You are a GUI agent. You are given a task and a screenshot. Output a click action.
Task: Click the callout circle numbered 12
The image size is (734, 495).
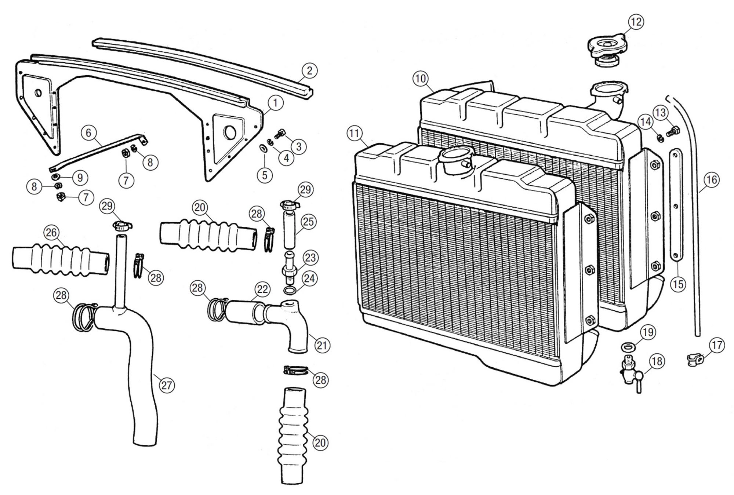636,22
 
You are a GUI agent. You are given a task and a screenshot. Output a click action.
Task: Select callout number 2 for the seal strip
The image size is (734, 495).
309,70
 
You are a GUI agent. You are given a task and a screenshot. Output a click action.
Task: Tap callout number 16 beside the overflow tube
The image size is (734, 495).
711,180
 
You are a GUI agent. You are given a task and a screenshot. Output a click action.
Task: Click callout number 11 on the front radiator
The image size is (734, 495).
354,134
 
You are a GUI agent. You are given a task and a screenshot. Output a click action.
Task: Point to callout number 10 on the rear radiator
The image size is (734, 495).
421,78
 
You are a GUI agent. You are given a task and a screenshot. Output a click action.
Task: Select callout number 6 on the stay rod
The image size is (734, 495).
88,133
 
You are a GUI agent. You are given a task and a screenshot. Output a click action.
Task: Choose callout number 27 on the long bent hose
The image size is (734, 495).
166,386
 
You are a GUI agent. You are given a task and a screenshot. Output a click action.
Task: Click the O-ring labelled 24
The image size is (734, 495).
291,291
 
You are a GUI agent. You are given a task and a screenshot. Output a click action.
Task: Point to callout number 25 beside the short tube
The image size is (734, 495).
308,222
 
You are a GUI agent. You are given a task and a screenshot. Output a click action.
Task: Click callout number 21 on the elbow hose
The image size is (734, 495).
322,345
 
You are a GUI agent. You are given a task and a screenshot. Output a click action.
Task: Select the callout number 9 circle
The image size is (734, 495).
80,178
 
